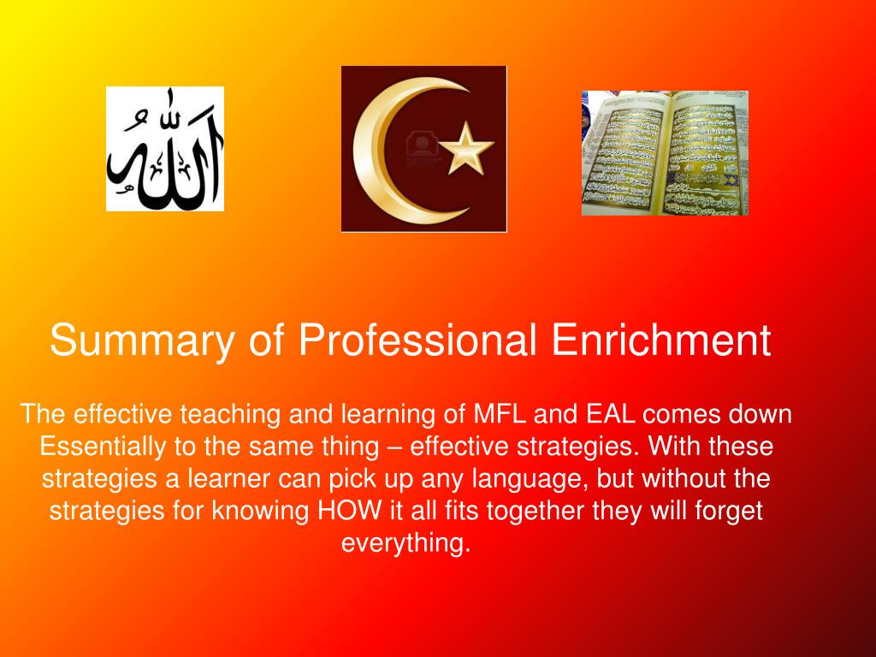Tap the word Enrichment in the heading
pyautogui.click(x=660, y=340)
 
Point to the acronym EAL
pyautogui.click(x=610, y=414)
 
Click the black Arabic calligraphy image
pyautogui.click(x=165, y=149)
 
